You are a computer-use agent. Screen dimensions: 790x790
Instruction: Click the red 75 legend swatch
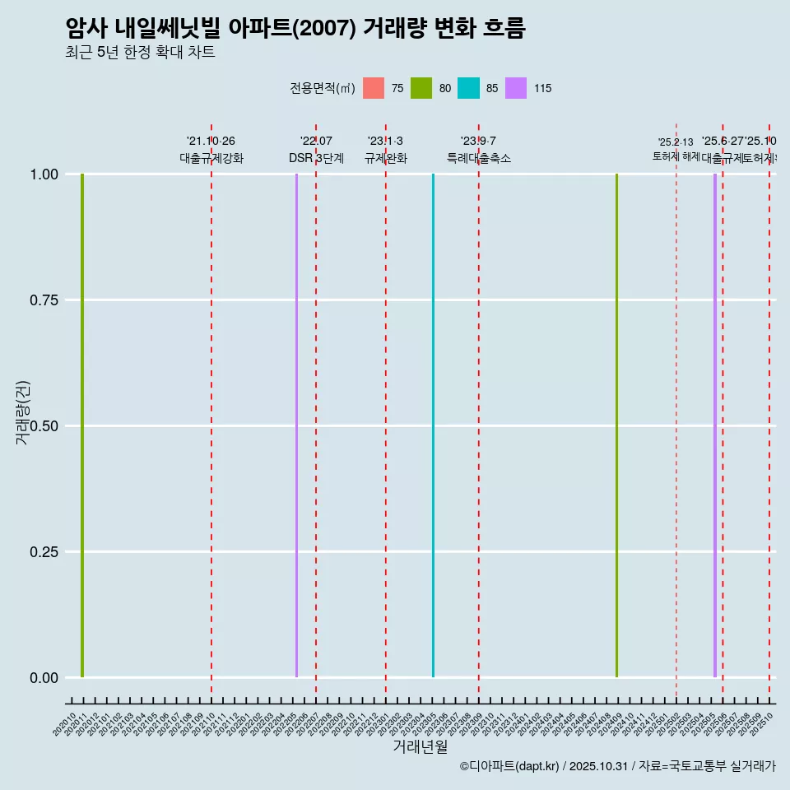(x=374, y=88)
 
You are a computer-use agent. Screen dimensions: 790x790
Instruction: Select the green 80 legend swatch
(x=421, y=88)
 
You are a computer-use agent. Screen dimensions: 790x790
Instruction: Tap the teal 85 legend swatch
(x=468, y=88)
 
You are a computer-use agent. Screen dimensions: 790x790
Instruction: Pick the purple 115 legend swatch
(x=516, y=88)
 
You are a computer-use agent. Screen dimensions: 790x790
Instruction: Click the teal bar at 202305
(x=433, y=425)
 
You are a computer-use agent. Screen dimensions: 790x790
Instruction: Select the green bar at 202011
(x=82, y=425)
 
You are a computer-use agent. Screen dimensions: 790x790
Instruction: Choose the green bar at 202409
(x=616, y=425)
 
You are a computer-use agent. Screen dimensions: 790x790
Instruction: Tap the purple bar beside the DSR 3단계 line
(x=296, y=425)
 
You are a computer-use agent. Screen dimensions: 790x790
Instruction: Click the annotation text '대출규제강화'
(x=211, y=158)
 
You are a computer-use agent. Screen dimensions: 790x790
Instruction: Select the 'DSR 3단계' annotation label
(x=316, y=158)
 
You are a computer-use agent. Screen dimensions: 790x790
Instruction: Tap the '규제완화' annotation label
(x=386, y=158)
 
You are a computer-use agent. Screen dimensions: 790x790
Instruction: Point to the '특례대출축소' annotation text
(x=479, y=158)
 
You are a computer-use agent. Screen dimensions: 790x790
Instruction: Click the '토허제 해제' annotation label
(x=676, y=156)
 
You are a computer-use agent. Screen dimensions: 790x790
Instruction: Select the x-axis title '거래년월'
(x=420, y=746)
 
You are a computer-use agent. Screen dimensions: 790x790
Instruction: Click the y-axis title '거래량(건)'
(x=23, y=412)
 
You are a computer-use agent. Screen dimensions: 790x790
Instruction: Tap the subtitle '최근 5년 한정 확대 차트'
(x=140, y=53)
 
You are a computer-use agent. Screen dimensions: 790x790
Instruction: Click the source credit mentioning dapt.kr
(x=617, y=766)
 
